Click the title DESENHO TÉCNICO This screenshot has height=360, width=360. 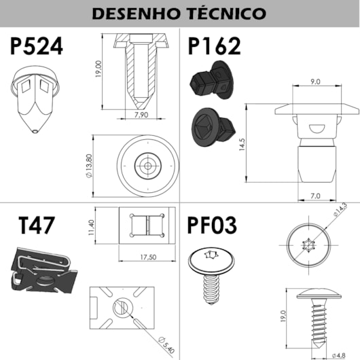[x=179, y=13]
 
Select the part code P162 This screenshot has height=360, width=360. [x=214, y=46]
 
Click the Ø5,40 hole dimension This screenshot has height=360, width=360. [x=163, y=346]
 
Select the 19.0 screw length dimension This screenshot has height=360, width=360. [x=283, y=317]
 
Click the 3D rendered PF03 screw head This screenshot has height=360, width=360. [x=211, y=258]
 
